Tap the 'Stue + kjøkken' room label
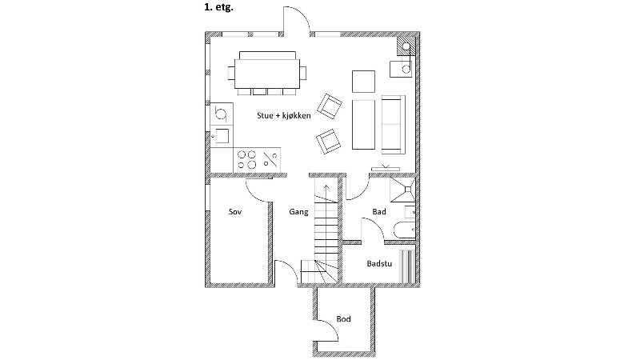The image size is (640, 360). [x=283, y=115]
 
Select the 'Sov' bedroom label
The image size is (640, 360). [x=234, y=213]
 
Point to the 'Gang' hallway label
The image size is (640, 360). [x=298, y=213]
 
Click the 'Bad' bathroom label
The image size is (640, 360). [x=379, y=212]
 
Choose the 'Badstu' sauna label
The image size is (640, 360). [x=378, y=262]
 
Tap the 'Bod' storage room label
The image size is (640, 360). [x=344, y=319]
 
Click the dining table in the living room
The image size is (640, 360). [x=269, y=74]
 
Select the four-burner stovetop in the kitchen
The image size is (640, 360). [x=250, y=158]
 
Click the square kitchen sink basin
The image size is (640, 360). [x=222, y=134]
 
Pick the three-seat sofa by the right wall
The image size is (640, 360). [x=393, y=123]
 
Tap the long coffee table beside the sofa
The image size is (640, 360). [x=364, y=123]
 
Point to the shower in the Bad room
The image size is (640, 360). [x=403, y=190]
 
